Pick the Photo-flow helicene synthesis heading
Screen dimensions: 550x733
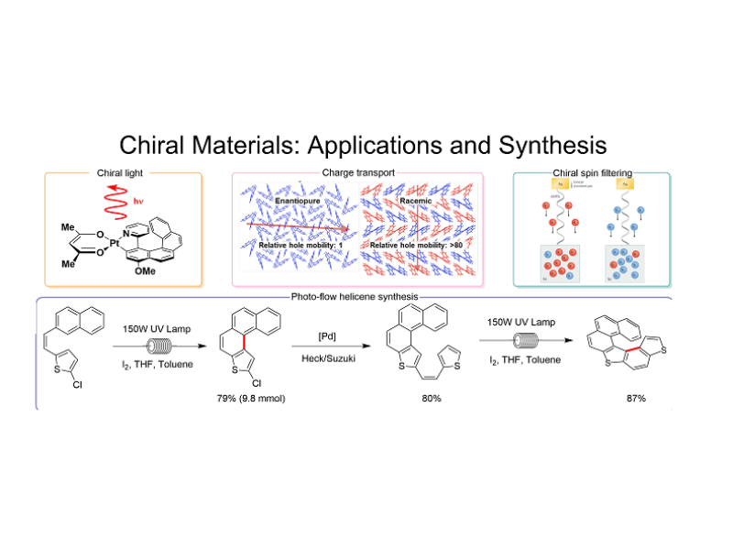click(356, 296)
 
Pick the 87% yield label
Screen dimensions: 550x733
click(632, 400)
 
